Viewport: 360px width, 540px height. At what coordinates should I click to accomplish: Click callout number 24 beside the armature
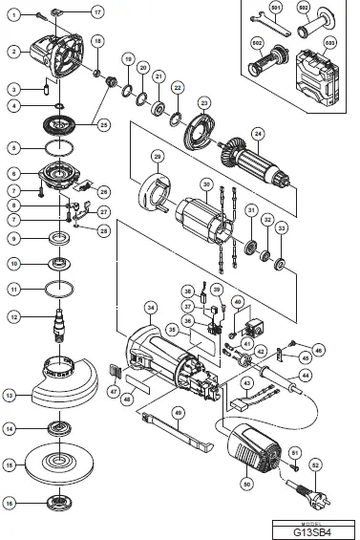257,133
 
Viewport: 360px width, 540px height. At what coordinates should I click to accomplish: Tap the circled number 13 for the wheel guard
10,393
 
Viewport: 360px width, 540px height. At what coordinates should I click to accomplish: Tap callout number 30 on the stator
204,184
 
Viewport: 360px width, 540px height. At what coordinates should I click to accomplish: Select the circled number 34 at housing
151,308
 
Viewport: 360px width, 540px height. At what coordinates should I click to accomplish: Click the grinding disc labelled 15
66,464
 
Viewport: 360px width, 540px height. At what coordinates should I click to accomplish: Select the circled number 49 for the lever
178,412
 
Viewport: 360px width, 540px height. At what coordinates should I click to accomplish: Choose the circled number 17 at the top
96,11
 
